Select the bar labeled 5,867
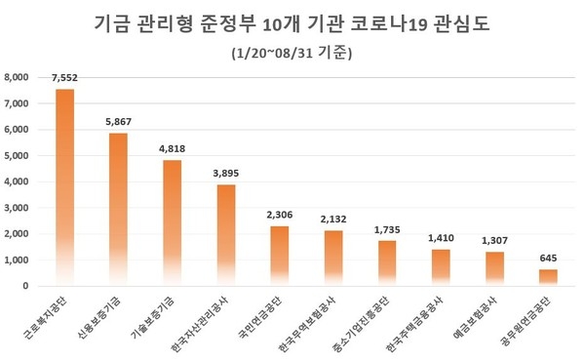point(119,209)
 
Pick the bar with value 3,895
point(225,235)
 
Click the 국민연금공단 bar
point(279,256)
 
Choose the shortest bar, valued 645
point(547,277)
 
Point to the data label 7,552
point(65,81)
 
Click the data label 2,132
point(333,221)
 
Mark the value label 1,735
point(387,230)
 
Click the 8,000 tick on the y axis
point(19,77)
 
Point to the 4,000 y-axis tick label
point(19,181)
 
